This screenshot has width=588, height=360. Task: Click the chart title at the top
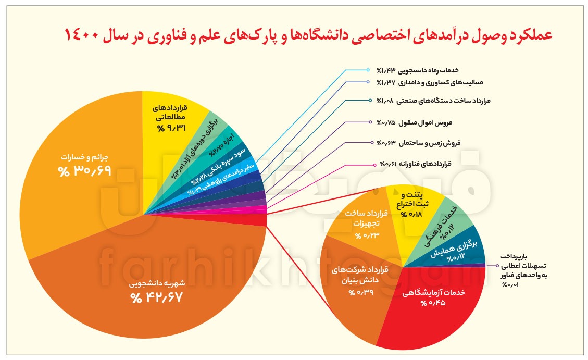308,35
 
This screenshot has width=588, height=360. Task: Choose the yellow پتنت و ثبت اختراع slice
411,206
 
